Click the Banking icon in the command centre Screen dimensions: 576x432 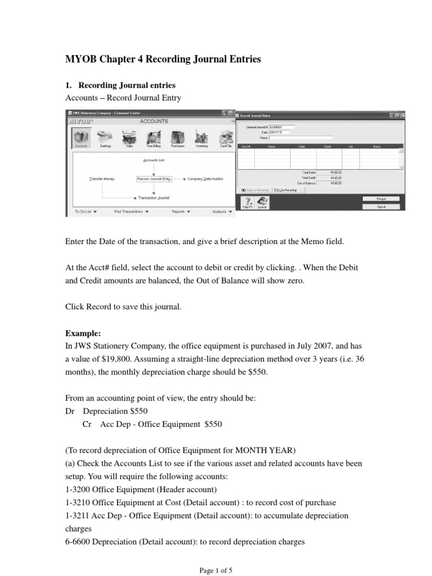click(105, 138)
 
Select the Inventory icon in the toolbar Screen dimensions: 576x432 click(201, 138)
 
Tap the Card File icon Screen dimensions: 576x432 click(226, 138)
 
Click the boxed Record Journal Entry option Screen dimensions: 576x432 click(154, 179)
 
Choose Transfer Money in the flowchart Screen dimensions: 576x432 click(102, 179)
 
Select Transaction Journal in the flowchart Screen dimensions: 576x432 click(154, 198)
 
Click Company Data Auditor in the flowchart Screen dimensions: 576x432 click(205, 179)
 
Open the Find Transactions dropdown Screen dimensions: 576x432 click(131, 212)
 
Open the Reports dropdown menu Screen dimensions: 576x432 click(180, 212)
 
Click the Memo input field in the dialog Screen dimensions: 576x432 click(301, 137)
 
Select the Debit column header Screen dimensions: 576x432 click(301, 146)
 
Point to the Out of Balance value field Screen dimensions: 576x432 click(336, 183)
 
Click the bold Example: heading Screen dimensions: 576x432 click(83, 333)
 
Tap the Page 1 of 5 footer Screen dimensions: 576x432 click(216, 570)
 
